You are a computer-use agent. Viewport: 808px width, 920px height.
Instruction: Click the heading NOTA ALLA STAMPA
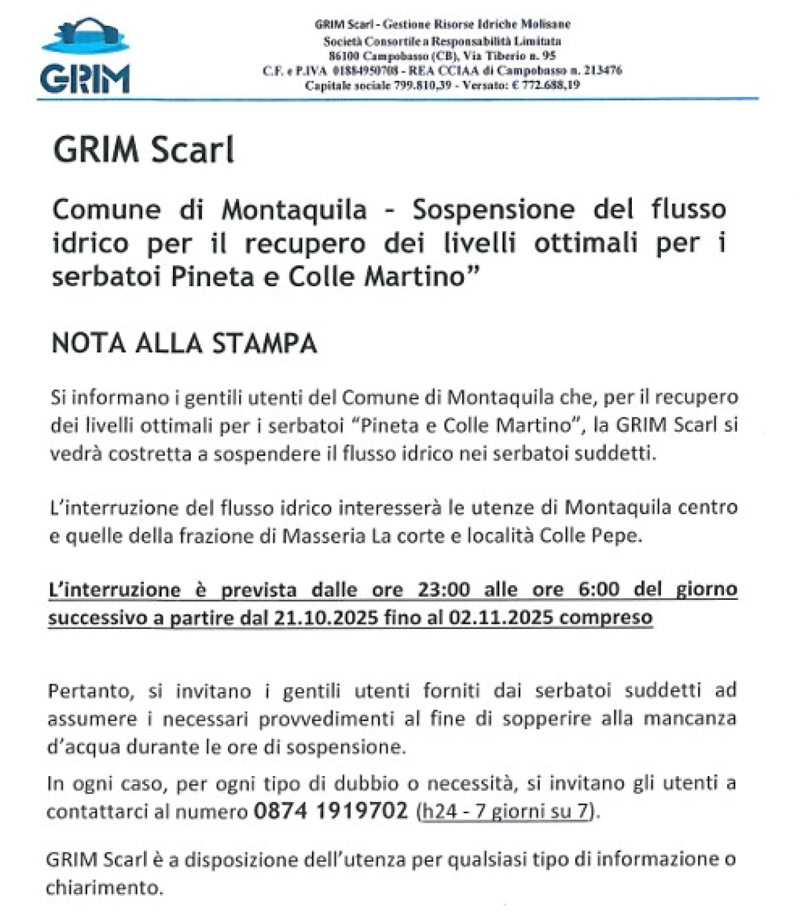(184, 344)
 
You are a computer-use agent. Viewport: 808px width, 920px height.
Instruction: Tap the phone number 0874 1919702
(331, 811)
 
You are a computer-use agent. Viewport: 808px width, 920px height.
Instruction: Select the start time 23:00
(444, 589)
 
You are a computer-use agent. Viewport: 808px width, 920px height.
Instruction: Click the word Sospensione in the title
(493, 210)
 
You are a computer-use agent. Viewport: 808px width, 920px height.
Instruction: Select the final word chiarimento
(104, 888)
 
